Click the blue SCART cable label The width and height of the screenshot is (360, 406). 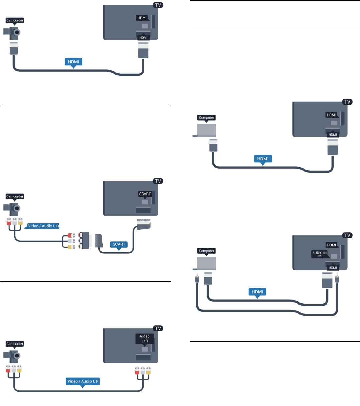tap(119, 244)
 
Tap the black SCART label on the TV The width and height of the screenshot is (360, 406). tap(145, 194)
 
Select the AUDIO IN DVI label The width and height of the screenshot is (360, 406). tap(319, 254)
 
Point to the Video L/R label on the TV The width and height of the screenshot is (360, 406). tap(144, 339)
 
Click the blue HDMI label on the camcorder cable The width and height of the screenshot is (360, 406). tap(73, 62)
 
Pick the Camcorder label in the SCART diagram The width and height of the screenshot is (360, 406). tap(15, 196)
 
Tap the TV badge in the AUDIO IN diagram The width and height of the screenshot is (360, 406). tap(347, 235)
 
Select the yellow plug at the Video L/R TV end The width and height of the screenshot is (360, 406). tap(148, 370)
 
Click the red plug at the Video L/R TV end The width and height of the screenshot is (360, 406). tap(137, 370)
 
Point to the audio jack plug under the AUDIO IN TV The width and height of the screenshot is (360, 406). tap(337, 278)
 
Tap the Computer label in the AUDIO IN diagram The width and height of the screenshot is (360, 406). tap(206, 251)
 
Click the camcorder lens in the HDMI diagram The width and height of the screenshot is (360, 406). tap(17, 32)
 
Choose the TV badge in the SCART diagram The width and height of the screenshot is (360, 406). tap(158, 181)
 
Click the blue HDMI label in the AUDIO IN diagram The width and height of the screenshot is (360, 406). tap(257, 292)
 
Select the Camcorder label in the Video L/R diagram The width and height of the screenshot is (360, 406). tap(15, 344)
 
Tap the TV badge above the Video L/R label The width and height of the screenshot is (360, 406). tap(158, 328)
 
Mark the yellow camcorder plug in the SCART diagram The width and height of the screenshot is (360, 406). tap(20, 221)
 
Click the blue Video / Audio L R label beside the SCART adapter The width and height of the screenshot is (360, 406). tap(43, 226)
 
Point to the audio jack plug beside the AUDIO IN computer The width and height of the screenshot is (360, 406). tap(197, 278)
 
